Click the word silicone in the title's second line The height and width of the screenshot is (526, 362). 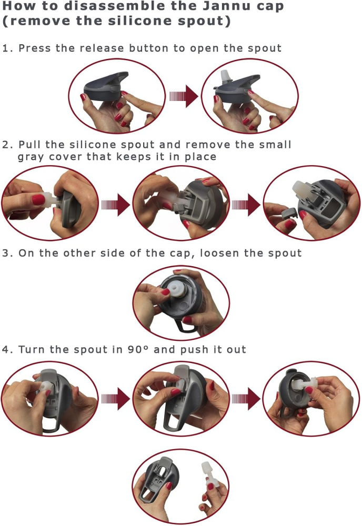coord(138,21)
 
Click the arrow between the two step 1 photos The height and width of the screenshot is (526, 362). coord(183,96)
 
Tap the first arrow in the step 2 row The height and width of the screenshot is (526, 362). coord(115,205)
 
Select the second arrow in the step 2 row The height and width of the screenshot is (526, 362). coord(246,205)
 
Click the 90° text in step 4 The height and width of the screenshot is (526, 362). coord(138,350)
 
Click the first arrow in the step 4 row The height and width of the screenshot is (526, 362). coord(115,399)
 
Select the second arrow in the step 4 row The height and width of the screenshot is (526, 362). coord(246,399)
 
